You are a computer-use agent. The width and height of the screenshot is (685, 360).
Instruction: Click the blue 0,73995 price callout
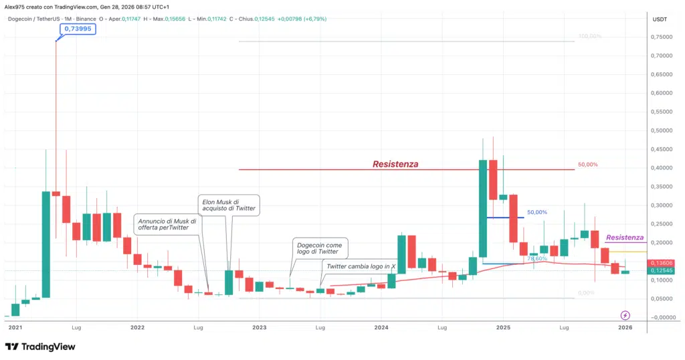coord(78,29)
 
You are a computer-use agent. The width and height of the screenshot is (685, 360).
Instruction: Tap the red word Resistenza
coord(395,164)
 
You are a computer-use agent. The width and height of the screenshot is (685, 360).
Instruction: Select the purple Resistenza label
coord(625,238)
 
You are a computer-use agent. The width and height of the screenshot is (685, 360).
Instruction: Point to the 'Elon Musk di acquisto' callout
coord(228,205)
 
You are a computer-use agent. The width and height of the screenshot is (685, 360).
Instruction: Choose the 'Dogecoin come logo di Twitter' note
coord(320,250)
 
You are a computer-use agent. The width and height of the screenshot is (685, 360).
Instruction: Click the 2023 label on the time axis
coord(259,328)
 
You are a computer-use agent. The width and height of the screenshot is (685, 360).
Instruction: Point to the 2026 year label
coord(625,328)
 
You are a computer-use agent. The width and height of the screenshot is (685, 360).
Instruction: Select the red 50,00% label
coord(588,165)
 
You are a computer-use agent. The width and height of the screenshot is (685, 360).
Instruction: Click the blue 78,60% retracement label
coord(537,258)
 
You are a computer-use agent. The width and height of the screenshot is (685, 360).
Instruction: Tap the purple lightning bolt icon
coord(625,314)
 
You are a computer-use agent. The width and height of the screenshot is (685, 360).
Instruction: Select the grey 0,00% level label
coord(586,293)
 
